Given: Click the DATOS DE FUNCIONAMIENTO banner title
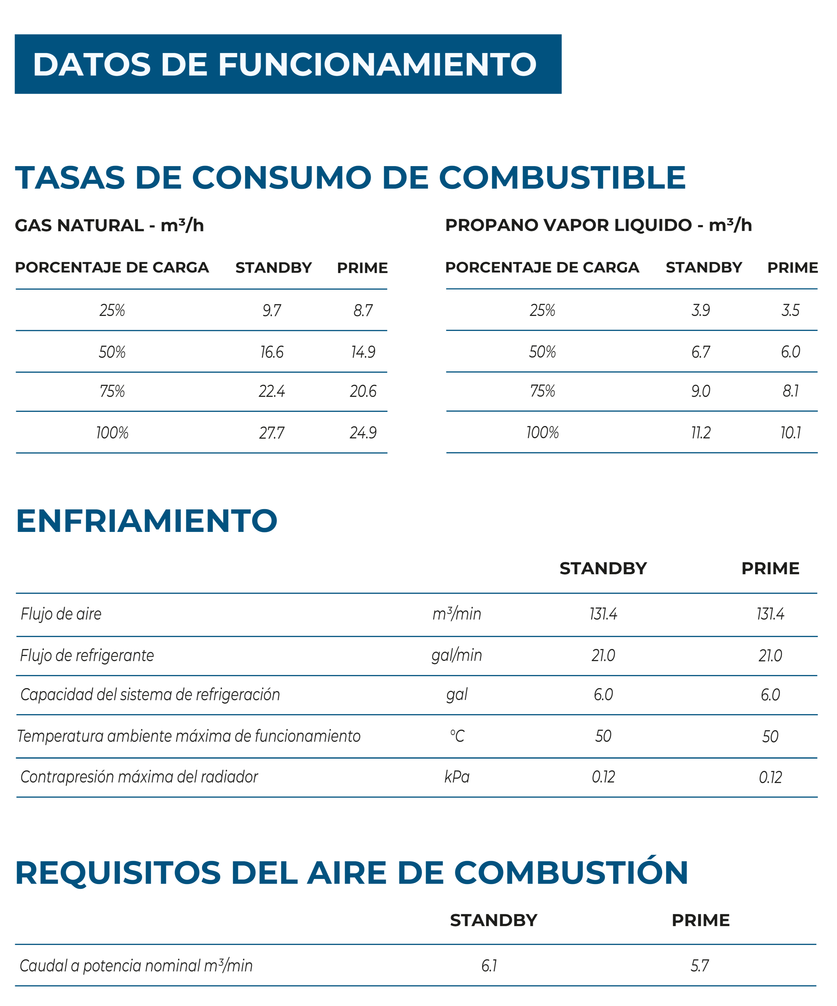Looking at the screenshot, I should click(285, 64).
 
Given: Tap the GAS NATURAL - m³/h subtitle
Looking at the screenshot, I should click(109, 225).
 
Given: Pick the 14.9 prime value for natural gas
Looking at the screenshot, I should click(363, 352).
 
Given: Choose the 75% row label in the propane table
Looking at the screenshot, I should click(542, 391).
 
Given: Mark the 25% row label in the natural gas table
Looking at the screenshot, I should click(112, 310).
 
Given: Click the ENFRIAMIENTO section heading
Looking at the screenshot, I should click(147, 521).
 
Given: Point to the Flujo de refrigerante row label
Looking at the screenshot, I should click(87, 655).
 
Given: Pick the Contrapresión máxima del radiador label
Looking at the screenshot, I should click(139, 777).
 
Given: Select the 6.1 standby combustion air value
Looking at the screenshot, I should click(489, 965).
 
